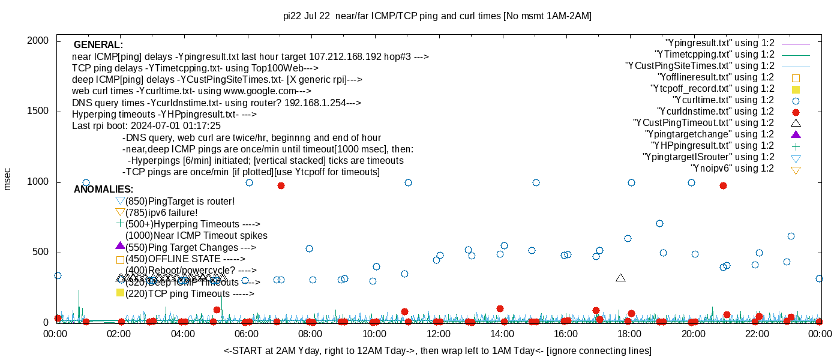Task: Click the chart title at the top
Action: tap(437, 16)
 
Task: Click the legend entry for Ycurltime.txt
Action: tap(724, 100)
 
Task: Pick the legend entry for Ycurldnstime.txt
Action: tap(716, 112)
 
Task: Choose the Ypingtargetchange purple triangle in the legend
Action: tap(796, 134)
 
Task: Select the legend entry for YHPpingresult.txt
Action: tap(713, 146)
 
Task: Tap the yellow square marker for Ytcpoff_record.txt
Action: tap(796, 89)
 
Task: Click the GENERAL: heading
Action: tap(98, 45)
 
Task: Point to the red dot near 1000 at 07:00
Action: tap(281, 185)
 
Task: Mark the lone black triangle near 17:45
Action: tap(620, 278)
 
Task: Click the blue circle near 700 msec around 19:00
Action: tap(659, 223)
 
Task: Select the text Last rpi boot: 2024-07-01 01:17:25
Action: tap(146, 126)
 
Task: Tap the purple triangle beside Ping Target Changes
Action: tap(120, 245)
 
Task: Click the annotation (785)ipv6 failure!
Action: tap(161, 212)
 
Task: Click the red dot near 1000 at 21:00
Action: tap(723, 185)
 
